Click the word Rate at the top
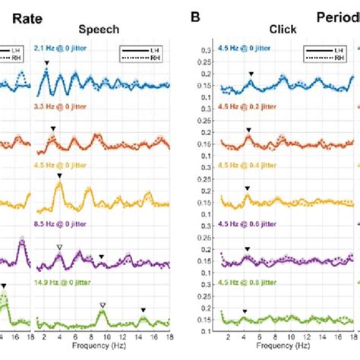click(17, 14)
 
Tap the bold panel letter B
click(196, 14)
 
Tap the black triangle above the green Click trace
click(245, 311)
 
